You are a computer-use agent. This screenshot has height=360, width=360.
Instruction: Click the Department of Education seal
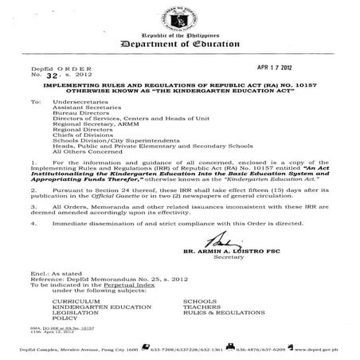(180, 16)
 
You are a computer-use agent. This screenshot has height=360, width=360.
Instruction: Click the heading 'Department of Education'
(180, 45)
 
